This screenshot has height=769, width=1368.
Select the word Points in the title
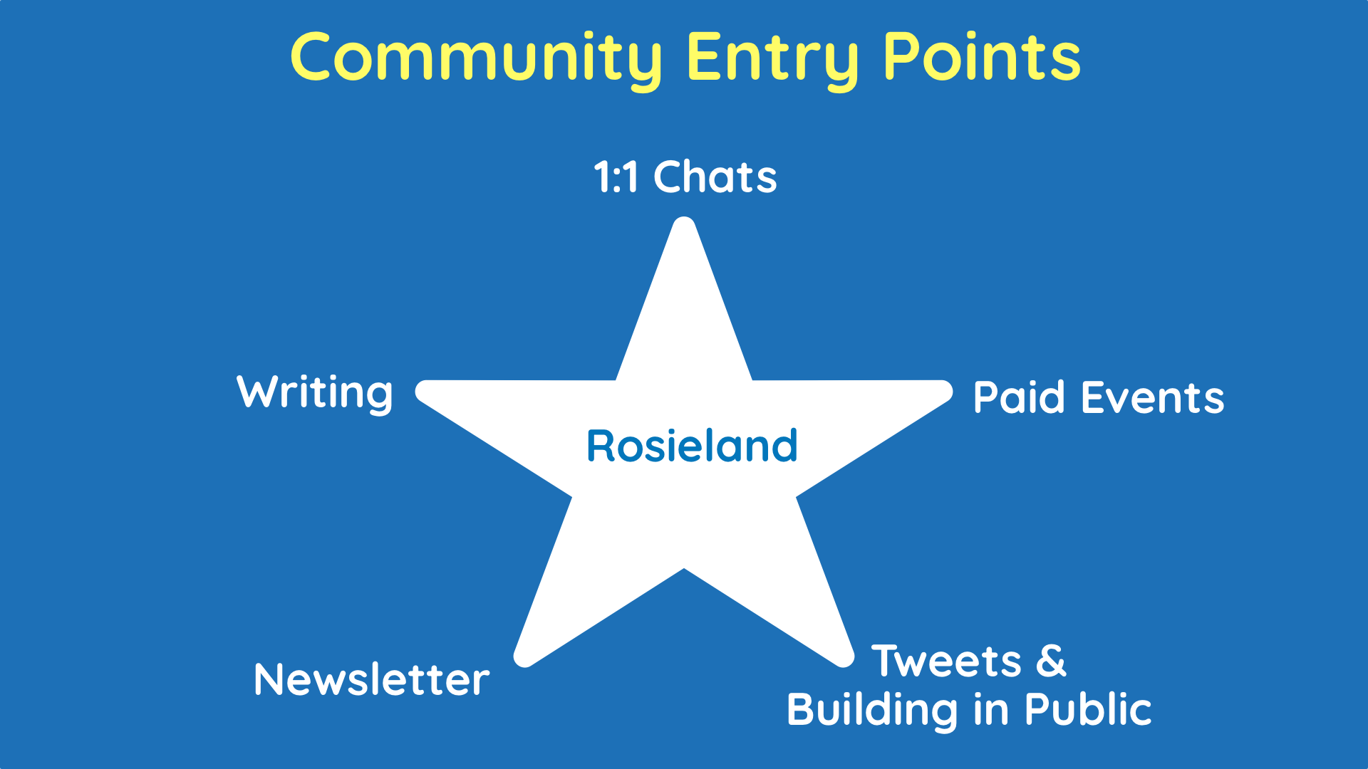tap(982, 57)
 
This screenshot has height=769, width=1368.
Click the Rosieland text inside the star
tap(691, 446)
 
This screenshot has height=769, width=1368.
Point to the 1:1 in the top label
tap(616, 177)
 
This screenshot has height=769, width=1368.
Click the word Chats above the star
tap(715, 177)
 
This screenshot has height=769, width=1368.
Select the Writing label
tap(314, 392)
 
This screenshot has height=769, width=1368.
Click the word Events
tap(1152, 397)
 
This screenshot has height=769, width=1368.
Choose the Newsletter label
tap(371, 679)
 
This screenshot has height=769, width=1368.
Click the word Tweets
tap(946, 661)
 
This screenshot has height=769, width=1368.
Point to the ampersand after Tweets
tap(1051, 661)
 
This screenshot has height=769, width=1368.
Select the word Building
tap(872, 710)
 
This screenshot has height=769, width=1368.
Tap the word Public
tap(1087, 710)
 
